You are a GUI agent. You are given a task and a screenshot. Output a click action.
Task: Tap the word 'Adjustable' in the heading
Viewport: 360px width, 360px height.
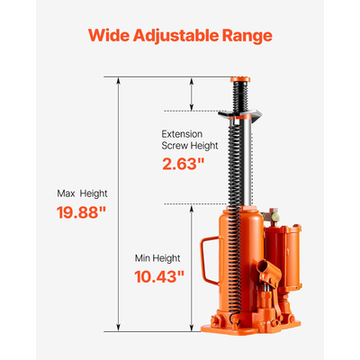[x=181, y=37]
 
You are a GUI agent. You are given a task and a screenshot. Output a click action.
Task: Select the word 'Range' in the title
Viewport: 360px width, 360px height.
[x=249, y=37]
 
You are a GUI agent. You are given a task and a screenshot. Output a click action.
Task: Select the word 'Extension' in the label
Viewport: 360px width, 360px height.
[x=182, y=132]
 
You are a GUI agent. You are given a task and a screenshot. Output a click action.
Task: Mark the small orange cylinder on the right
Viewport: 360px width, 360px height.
[x=290, y=261]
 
